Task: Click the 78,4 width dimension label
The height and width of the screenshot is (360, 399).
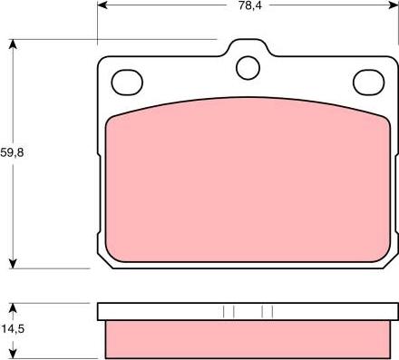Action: (250, 5)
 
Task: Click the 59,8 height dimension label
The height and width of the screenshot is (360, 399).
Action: (12, 152)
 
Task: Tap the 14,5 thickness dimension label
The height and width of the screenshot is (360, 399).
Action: (13, 329)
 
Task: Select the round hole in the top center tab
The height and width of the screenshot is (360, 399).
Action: (248, 68)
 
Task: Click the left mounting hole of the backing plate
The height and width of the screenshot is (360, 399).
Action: (127, 83)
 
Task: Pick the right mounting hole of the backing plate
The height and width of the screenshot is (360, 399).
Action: (369, 83)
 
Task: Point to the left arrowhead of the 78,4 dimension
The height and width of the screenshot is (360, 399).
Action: (102, 5)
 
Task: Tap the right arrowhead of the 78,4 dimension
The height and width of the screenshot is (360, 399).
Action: (394, 5)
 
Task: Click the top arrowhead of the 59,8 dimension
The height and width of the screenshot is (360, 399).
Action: (13, 44)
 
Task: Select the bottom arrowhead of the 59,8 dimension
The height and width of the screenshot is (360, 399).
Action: (13, 263)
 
